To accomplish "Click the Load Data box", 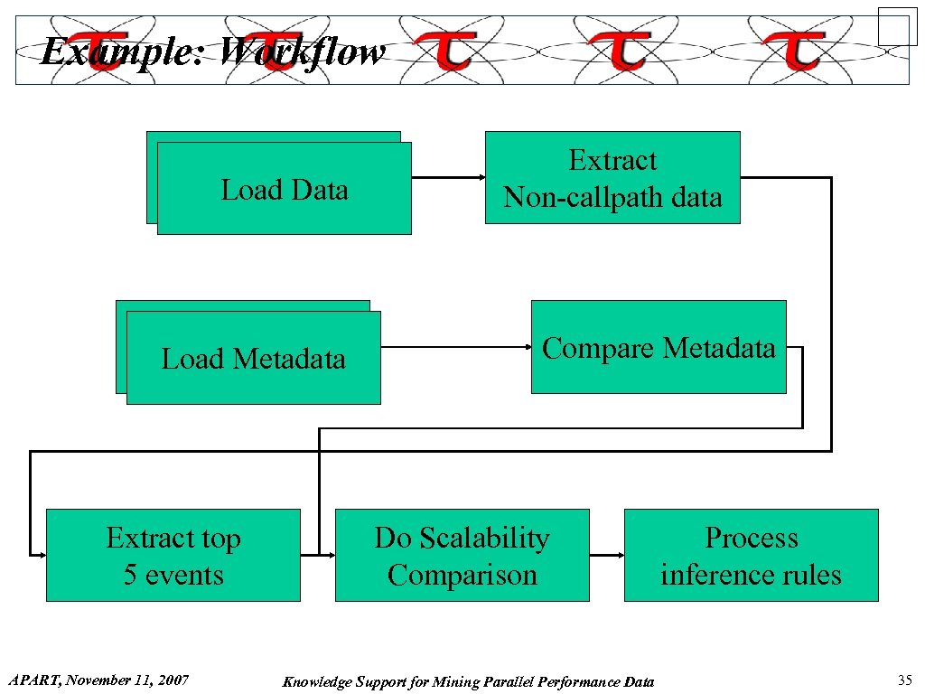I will tap(284, 189).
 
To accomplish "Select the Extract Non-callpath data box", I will tap(612, 178).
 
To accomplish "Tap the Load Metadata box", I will tap(253, 358).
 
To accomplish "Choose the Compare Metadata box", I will tap(659, 347).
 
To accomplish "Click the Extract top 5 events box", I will tap(173, 555).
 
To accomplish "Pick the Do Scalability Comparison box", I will tap(462, 555).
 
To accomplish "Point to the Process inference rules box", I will tap(751, 555).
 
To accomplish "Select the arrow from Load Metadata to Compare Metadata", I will tap(455, 346).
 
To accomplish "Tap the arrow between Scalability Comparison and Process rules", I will tap(606, 554).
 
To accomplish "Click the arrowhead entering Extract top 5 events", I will tap(40, 554).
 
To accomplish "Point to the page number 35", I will tap(904, 680).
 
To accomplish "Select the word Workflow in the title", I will tap(302, 52).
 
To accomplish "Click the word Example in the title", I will tap(123, 52).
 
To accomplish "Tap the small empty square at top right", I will tap(897, 26).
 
